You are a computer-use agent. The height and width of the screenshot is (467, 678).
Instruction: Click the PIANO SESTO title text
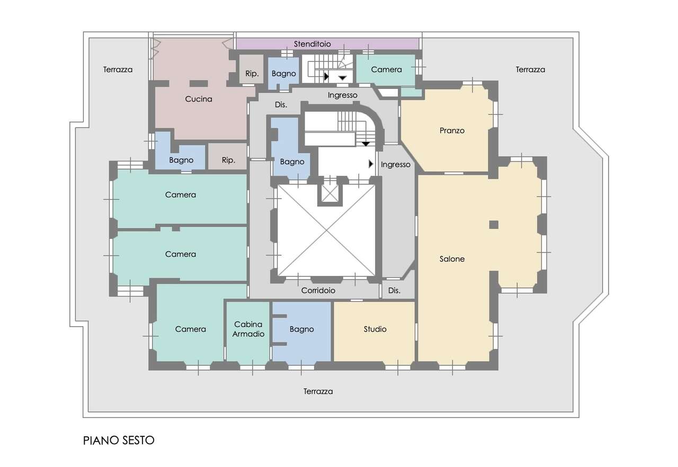click(x=119, y=441)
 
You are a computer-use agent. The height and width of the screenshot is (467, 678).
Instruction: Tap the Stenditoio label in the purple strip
click(x=312, y=44)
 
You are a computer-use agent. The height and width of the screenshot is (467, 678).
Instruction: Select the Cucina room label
click(x=199, y=99)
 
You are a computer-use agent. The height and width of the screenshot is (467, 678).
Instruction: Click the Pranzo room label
click(x=452, y=130)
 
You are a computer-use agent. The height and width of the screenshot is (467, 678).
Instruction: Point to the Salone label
click(x=452, y=258)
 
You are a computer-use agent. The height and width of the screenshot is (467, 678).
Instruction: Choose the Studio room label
click(x=375, y=329)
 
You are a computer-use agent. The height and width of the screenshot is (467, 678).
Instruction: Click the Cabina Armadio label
click(x=248, y=329)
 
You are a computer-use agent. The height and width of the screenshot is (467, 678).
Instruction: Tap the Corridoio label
click(x=318, y=290)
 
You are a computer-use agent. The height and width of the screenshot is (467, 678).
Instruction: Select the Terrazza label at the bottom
click(x=318, y=391)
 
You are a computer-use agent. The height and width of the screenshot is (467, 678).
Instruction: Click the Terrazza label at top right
click(x=530, y=69)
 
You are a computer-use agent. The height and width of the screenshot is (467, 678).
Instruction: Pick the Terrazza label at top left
click(x=118, y=69)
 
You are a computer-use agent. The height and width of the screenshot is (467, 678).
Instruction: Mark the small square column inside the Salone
click(x=494, y=224)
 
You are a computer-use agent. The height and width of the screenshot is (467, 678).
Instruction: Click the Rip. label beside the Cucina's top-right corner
click(x=252, y=74)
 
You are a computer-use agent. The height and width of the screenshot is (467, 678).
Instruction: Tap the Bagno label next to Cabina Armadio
click(x=301, y=329)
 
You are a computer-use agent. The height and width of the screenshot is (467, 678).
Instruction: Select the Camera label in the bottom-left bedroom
click(x=190, y=329)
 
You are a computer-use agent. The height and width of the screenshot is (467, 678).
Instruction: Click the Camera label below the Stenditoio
click(x=386, y=69)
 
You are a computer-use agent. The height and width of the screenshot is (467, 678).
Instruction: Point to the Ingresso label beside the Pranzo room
click(x=396, y=165)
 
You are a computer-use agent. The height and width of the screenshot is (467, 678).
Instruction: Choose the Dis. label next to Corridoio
click(x=394, y=290)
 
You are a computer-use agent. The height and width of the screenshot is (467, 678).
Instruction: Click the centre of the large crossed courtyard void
click(x=327, y=230)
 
